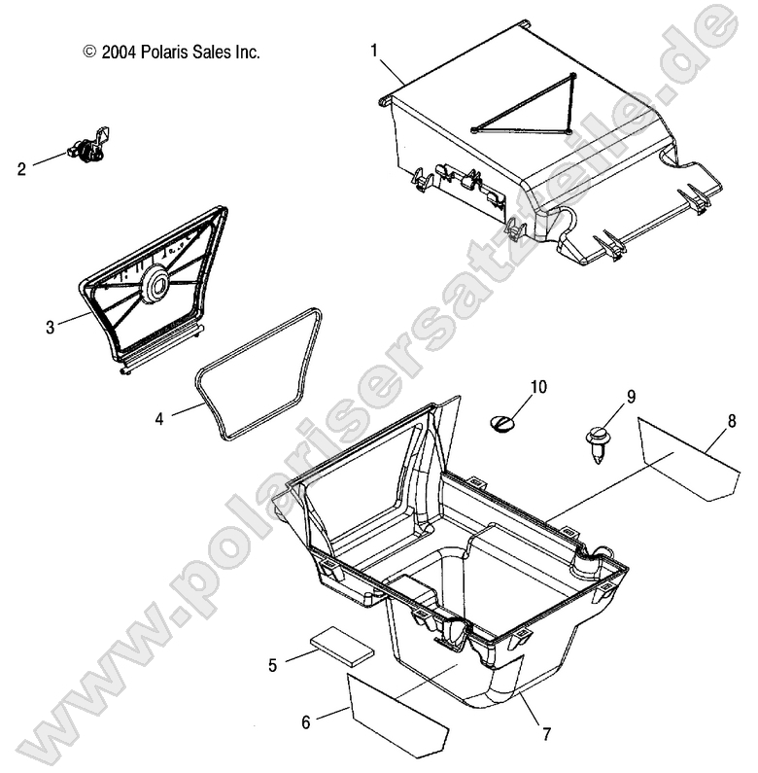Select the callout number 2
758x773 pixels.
point(21,167)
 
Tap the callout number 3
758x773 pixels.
point(50,327)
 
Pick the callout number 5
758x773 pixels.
point(273,665)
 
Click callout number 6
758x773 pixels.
point(305,722)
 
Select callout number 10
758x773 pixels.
point(538,388)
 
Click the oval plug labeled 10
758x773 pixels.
point(504,421)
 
